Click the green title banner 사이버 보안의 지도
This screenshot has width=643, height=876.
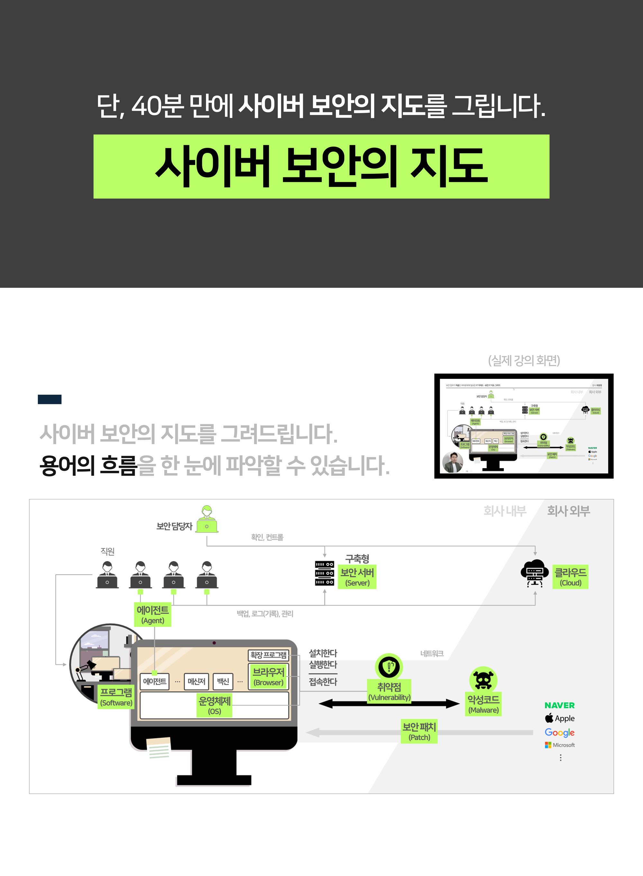click(321, 166)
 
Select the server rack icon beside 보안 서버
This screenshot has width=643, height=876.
click(324, 573)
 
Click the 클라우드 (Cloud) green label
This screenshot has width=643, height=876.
click(570, 577)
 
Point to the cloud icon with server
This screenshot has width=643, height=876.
click(534, 573)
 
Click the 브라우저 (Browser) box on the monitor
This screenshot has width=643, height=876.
click(268, 676)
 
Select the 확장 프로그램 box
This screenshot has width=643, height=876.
click(268, 655)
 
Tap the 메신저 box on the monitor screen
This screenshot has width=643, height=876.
click(196, 682)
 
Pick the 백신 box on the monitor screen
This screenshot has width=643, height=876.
click(223, 682)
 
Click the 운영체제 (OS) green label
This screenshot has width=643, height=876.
click(214, 705)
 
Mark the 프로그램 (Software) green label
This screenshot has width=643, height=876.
click(116, 697)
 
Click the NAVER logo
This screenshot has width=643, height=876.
click(559, 705)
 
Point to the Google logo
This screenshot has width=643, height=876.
click(559, 732)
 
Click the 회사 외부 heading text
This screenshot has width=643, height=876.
click(568, 510)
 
